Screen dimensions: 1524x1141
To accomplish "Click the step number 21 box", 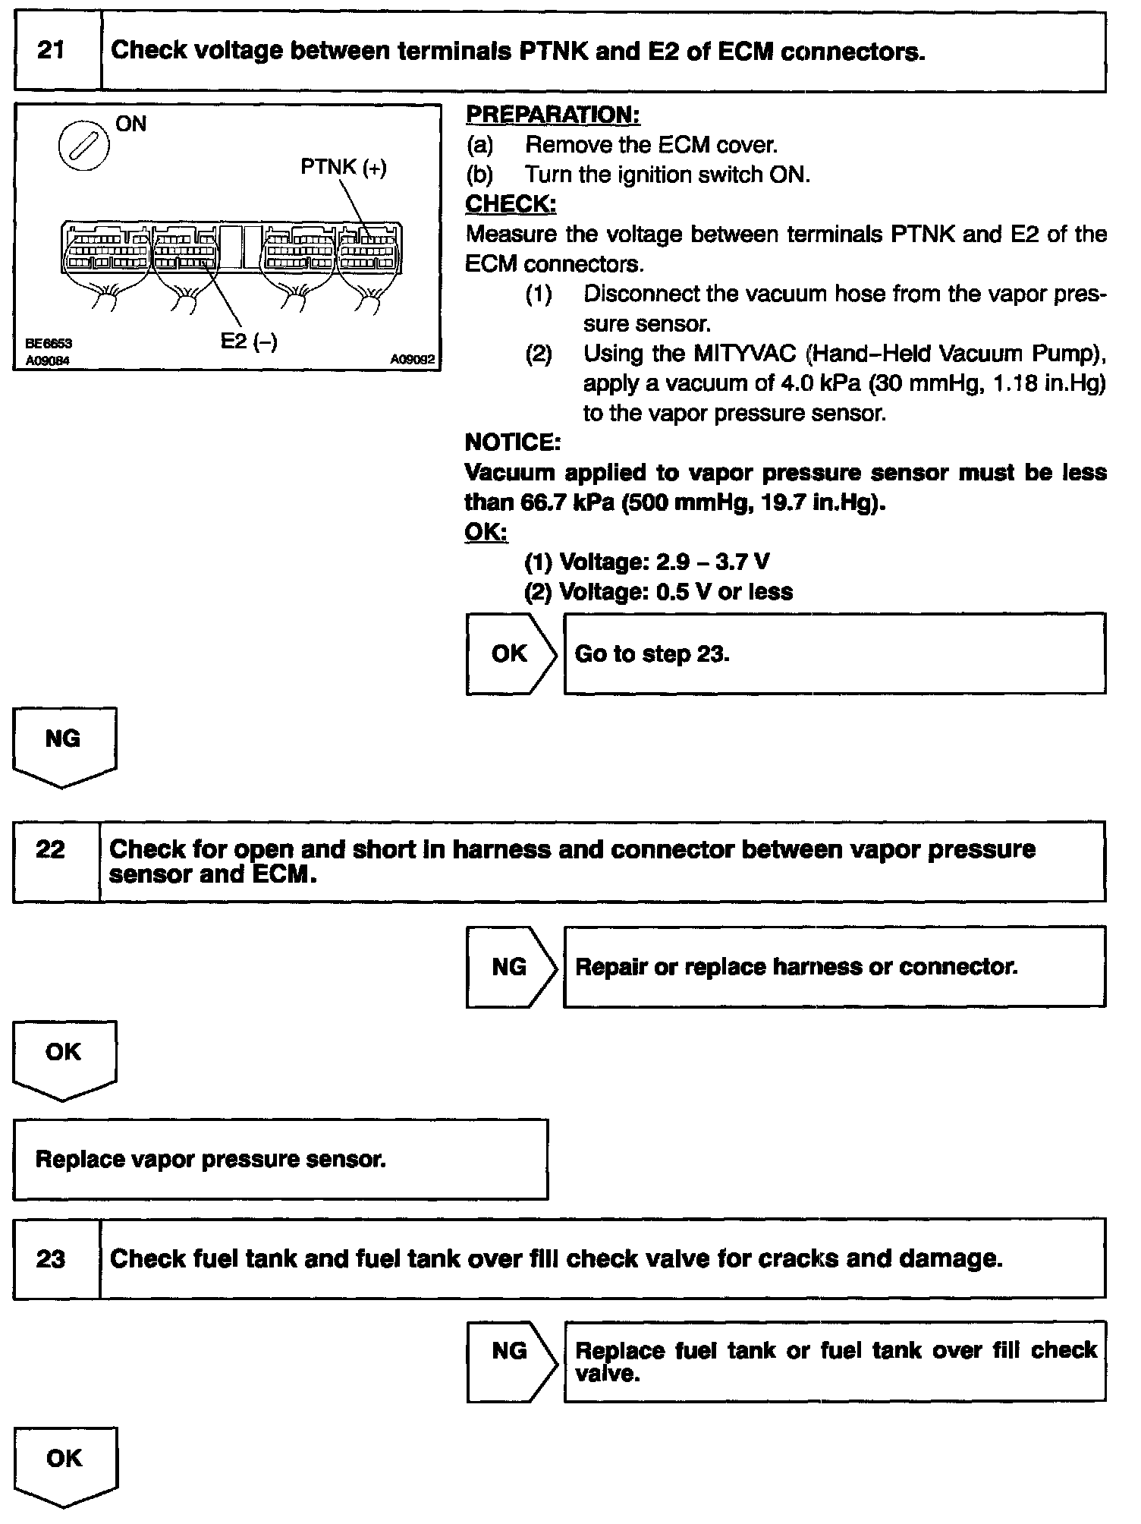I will [x=51, y=52].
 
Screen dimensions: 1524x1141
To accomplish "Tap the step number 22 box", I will [x=51, y=849].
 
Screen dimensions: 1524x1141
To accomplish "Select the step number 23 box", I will [x=51, y=1259].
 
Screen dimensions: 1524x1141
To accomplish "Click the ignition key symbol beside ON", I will [x=83, y=146].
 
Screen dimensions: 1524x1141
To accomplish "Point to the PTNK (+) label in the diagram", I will [x=343, y=167].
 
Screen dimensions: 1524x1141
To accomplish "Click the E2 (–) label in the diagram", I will [x=249, y=342].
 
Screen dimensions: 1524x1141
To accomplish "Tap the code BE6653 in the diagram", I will [x=47, y=344].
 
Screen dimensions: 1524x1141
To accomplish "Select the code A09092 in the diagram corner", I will [x=412, y=360].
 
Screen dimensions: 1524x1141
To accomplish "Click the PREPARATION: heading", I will [x=552, y=115].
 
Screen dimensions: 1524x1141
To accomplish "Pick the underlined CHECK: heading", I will [x=510, y=204].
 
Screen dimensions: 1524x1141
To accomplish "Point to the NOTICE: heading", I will [x=512, y=442].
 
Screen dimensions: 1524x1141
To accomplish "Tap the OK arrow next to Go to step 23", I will [x=510, y=653].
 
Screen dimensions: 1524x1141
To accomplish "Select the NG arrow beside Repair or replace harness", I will [x=510, y=967].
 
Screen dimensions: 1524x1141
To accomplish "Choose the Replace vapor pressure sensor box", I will [x=280, y=1160].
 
